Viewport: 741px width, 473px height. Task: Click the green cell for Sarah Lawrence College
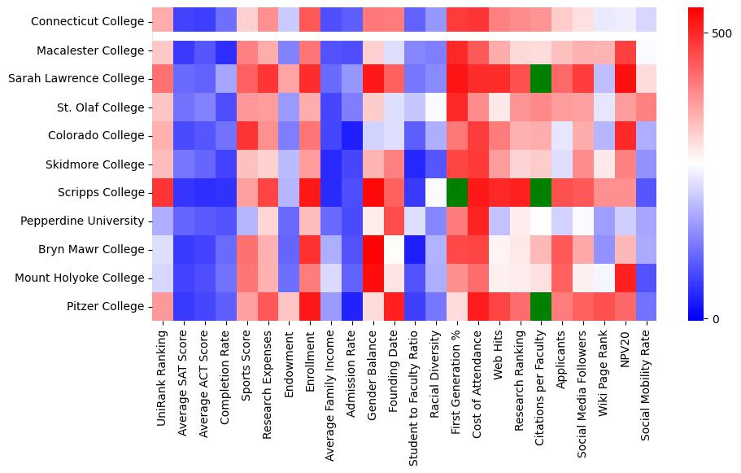541,79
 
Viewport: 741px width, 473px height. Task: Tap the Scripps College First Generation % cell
456,192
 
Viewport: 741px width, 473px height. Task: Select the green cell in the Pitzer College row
541,306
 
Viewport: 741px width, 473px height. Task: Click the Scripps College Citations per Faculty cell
541,192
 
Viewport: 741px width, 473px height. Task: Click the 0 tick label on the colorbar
716,318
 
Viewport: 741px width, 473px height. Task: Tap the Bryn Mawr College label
96,249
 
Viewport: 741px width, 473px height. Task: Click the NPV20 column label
625,349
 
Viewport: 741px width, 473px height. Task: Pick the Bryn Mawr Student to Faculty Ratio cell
414,249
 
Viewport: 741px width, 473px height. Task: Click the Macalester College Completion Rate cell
224,50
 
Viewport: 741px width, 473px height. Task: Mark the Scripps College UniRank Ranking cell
162,192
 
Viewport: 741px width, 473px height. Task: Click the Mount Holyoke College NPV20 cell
625,278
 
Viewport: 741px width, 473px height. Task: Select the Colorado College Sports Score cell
246,136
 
